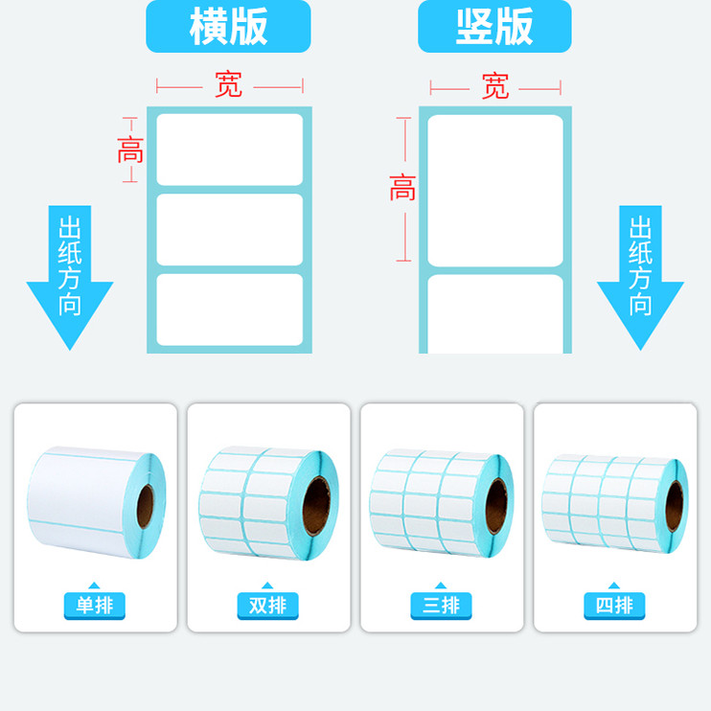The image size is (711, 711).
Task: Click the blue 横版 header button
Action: pyautogui.click(x=228, y=26)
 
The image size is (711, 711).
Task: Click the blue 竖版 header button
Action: pyautogui.click(x=494, y=26)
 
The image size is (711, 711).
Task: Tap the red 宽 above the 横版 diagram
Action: pyautogui.click(x=229, y=86)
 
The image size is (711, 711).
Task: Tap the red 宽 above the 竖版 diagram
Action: pyautogui.click(x=495, y=87)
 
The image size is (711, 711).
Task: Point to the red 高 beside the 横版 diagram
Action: pyautogui.click(x=130, y=149)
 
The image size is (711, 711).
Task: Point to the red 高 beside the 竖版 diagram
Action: pyautogui.click(x=402, y=188)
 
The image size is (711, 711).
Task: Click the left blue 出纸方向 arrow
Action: pyautogui.click(x=70, y=273)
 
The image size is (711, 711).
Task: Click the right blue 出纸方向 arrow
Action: pyautogui.click(x=640, y=273)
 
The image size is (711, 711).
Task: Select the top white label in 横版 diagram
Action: pyautogui.click(x=229, y=149)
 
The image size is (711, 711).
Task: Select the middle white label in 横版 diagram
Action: pyautogui.click(x=229, y=230)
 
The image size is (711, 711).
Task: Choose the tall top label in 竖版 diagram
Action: pyautogui.click(x=494, y=191)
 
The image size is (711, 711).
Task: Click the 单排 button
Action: pyautogui.click(x=95, y=606)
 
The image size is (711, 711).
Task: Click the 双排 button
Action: pyautogui.click(x=268, y=606)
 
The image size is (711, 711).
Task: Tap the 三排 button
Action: pyautogui.click(x=442, y=606)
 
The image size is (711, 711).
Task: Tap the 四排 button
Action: pyautogui.click(x=614, y=606)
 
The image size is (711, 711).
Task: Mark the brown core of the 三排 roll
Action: pyautogui.click(x=497, y=505)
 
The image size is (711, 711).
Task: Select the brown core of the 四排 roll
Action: pyautogui.click(x=675, y=506)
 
